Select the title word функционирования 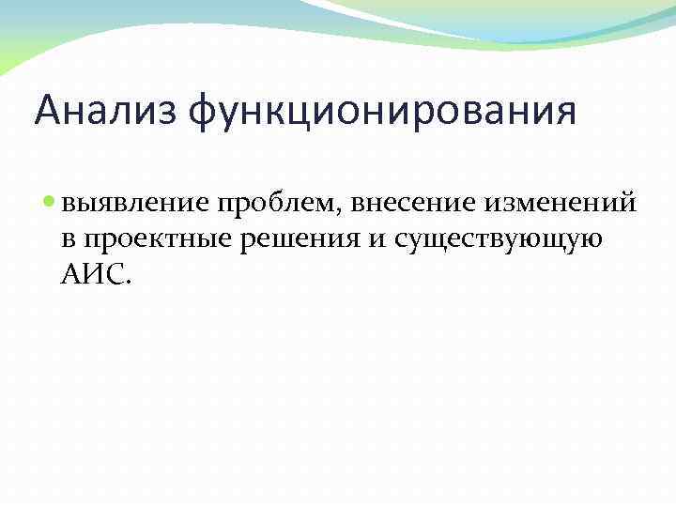pyautogui.click(x=382, y=112)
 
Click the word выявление pyautogui.click(x=135, y=202)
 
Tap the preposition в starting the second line pyautogui.click(x=69, y=238)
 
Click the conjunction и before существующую pyautogui.click(x=376, y=238)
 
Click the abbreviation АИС pyautogui.click(x=93, y=273)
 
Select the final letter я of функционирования pyautogui.click(x=564, y=113)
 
